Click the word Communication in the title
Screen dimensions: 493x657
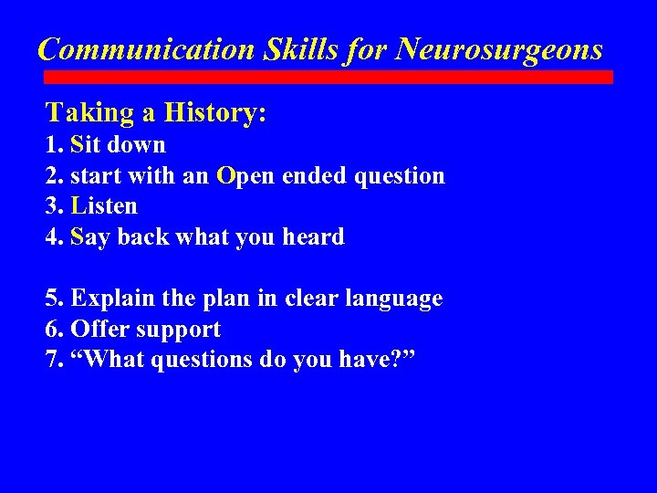(146, 48)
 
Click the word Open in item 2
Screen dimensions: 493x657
(241, 175)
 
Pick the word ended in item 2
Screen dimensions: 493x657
(311, 175)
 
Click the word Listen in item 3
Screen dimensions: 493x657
(104, 206)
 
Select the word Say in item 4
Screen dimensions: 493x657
(88, 237)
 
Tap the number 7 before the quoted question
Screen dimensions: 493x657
(51, 360)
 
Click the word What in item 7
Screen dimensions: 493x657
(108, 360)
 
